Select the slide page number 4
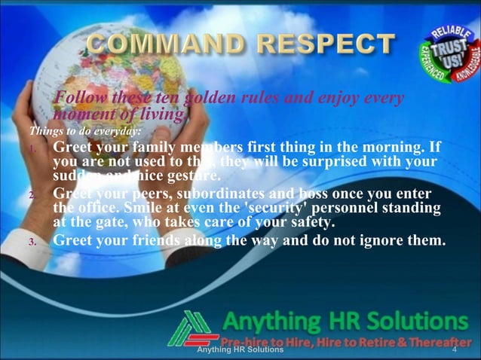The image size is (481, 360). [455, 350]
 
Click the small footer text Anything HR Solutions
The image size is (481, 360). [240, 350]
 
